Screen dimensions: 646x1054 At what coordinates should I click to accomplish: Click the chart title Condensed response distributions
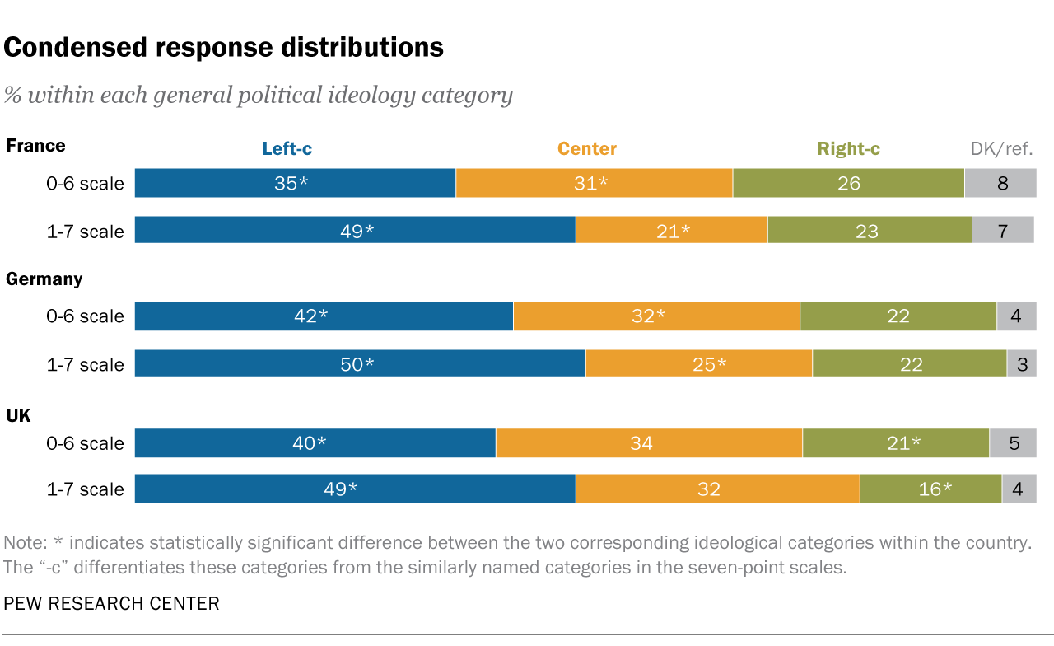point(224,48)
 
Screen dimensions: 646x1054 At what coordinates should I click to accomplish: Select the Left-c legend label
point(287,149)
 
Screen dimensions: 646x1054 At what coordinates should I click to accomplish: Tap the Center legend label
point(587,149)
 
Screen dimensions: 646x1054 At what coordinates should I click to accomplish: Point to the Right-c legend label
point(849,149)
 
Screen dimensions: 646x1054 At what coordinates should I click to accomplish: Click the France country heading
point(35,146)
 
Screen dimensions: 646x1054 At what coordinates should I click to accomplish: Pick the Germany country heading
point(44,279)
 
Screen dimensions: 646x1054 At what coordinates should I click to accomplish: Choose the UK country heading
point(18,415)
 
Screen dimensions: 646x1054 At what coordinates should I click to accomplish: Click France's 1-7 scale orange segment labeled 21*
point(672,231)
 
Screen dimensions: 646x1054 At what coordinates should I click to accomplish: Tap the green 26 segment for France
point(848,183)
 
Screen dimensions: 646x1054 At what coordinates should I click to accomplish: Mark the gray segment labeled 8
point(1000,183)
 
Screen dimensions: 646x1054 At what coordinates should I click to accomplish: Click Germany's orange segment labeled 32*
point(656,316)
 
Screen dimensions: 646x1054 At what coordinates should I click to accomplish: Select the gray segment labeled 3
point(1022,363)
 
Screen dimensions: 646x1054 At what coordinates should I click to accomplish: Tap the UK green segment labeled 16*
point(930,489)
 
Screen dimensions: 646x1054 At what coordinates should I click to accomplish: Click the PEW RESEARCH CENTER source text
point(112,604)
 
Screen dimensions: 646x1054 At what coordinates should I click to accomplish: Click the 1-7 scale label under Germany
point(85,364)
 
